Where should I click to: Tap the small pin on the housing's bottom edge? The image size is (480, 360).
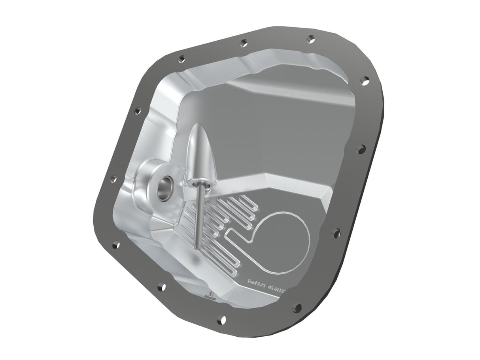211,295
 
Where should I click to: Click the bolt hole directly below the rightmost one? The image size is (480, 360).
361,149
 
